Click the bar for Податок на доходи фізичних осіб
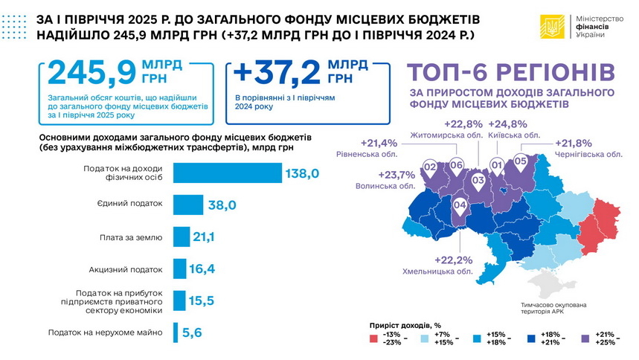pos(228,173)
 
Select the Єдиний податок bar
pos(188,205)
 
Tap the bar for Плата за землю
pos(182,237)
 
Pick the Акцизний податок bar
pos(179,269)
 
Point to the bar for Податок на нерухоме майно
pos(176,332)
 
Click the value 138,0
pos(301,173)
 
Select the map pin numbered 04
pos(460,205)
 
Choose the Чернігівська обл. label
pos(588,154)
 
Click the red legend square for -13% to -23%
pos(373,338)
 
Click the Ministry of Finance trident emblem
pos(552,29)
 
